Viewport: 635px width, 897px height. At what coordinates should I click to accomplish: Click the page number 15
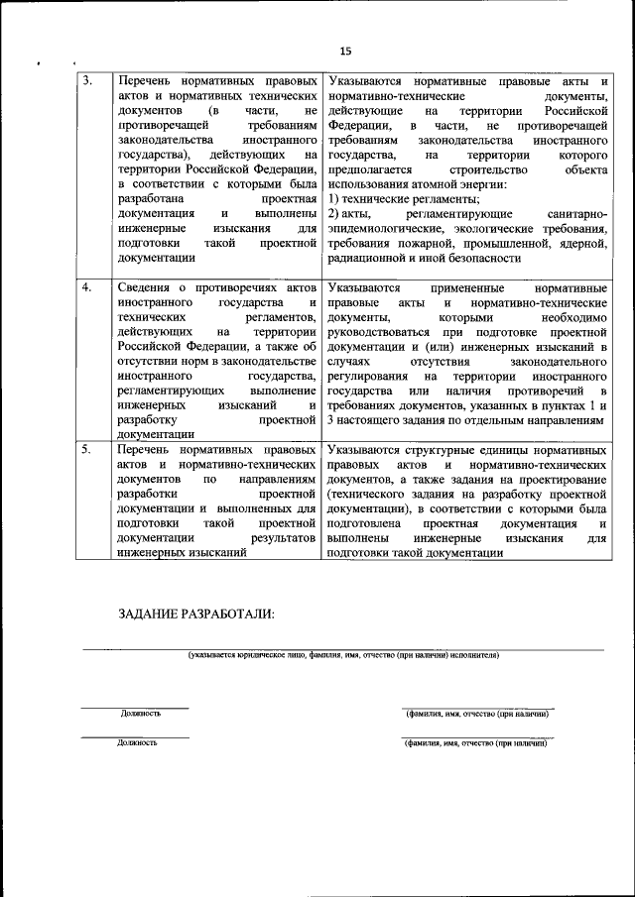pos(344,51)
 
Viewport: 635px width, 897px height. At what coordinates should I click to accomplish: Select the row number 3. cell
pos(88,79)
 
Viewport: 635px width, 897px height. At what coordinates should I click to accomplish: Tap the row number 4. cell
pos(88,287)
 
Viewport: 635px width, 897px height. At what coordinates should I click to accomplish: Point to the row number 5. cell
pos(88,449)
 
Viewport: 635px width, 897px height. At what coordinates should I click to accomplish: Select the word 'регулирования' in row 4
pos(368,376)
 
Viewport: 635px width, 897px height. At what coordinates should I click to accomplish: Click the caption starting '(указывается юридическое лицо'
pos(343,655)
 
